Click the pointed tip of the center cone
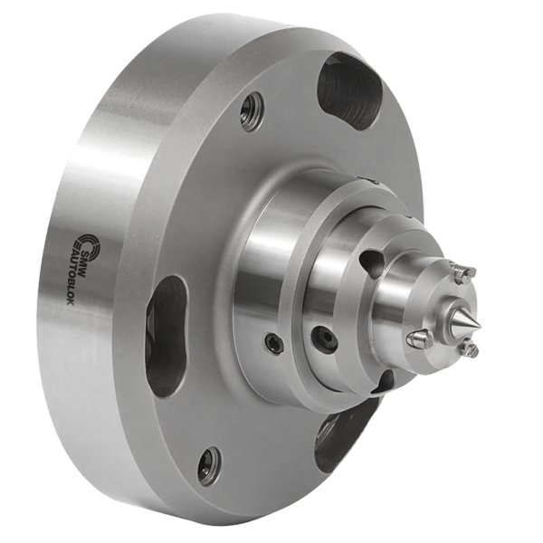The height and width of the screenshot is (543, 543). [x=481, y=326]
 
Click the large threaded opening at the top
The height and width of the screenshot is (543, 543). [x=349, y=90]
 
